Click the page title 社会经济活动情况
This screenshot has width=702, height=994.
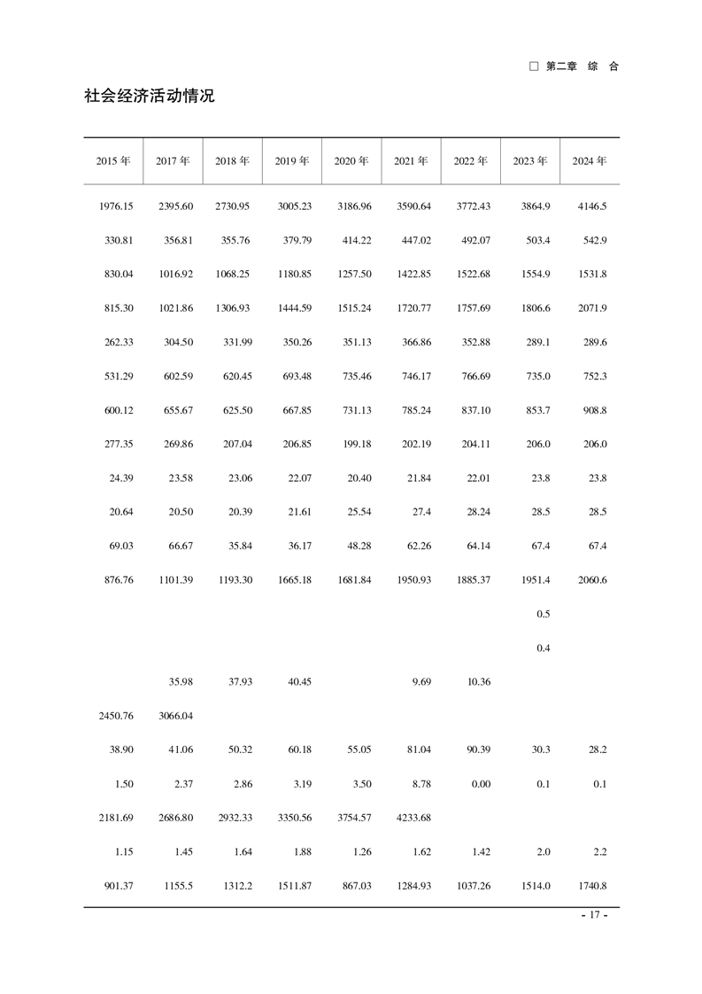click(x=150, y=96)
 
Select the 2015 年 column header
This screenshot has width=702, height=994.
click(x=113, y=161)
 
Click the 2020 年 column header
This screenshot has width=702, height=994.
click(x=351, y=161)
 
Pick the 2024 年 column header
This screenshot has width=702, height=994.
click(x=589, y=161)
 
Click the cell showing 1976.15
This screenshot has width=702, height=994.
click(x=115, y=206)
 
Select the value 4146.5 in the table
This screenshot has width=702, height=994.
click(x=592, y=206)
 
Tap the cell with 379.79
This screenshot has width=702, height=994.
click(x=294, y=240)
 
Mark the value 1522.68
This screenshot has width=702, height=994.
click(x=472, y=275)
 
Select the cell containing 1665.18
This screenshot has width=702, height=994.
click(x=293, y=580)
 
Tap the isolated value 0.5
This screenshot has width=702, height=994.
click(x=544, y=614)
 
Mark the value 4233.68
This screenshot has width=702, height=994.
click(x=413, y=818)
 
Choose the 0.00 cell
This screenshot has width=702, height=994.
click(x=478, y=784)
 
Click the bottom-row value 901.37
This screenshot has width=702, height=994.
click(x=116, y=886)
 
